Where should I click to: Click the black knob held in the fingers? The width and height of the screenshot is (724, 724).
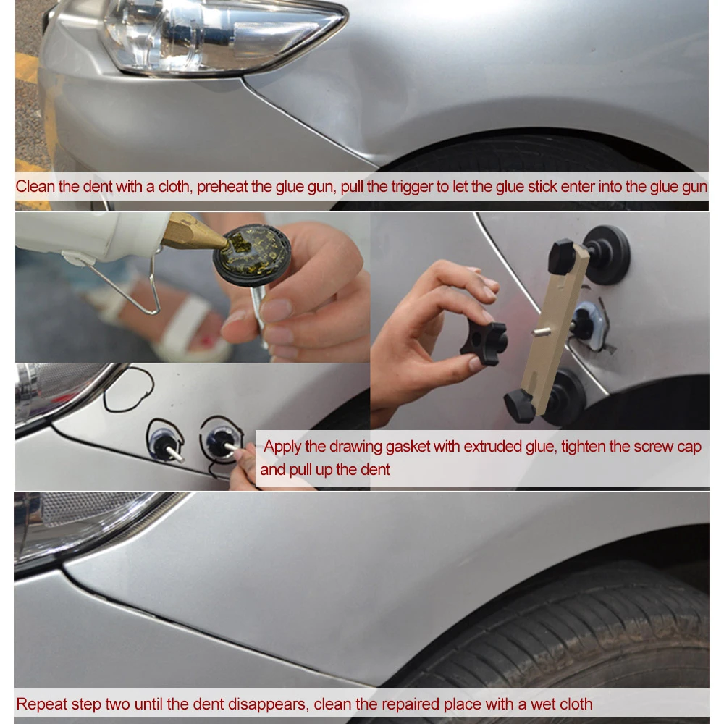click(485, 342)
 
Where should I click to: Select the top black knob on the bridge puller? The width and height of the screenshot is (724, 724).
click(563, 256)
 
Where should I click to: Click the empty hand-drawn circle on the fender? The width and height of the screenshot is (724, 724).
click(128, 390)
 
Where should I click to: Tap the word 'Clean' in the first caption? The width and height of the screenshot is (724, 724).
click(34, 187)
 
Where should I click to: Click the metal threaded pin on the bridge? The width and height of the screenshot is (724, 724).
click(541, 331)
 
